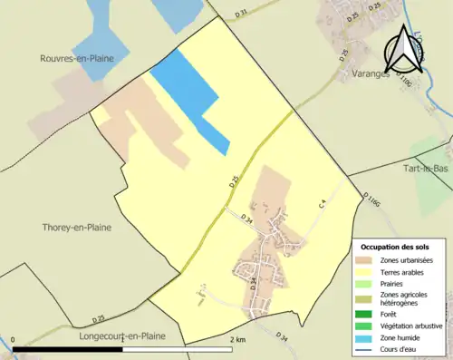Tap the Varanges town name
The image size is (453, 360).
pos(359,75)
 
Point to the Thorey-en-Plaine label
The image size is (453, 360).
pos(77,228)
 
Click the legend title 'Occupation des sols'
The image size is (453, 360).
pos(395,247)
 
